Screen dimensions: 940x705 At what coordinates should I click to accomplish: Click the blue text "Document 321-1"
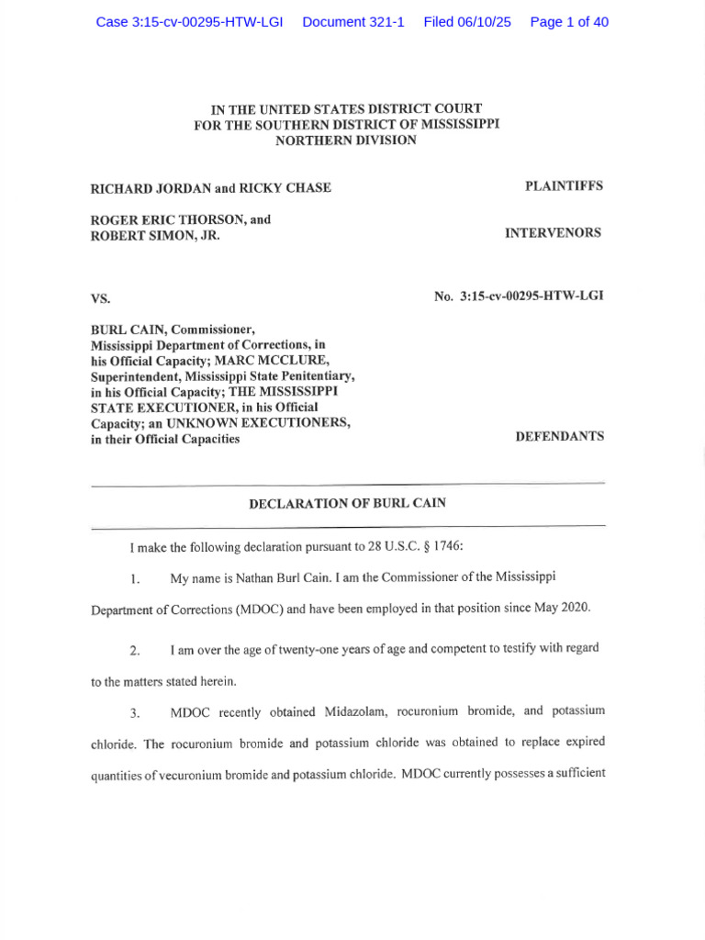tap(353, 22)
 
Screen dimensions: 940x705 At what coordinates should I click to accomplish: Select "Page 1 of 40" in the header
tap(569, 22)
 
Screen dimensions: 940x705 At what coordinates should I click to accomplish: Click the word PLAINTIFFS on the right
tap(564, 185)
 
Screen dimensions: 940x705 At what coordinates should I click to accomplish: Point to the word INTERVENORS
tap(553, 233)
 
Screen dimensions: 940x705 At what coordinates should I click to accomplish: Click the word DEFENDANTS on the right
tap(560, 436)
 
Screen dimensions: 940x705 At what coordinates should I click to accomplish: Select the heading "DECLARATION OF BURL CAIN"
tap(348, 504)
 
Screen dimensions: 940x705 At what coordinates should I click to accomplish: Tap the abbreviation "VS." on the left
tap(100, 298)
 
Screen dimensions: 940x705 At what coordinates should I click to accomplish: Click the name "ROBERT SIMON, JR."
tap(155, 235)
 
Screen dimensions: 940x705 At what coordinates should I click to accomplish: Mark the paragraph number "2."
tap(135, 651)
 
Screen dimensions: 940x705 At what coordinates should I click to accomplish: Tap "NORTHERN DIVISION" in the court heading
tap(346, 140)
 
